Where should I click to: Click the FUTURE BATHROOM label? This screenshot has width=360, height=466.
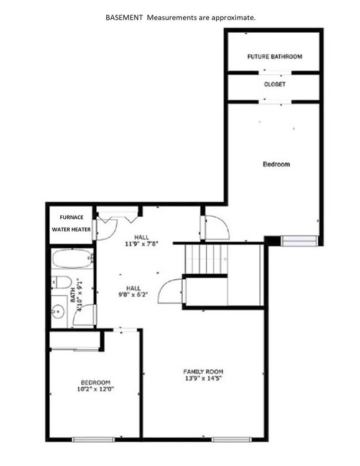(x=275, y=57)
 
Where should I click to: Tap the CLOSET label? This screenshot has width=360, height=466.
(x=275, y=84)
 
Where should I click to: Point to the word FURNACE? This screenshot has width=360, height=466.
(x=71, y=217)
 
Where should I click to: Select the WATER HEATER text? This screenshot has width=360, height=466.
(x=71, y=229)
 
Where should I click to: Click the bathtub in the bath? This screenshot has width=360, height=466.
(x=73, y=259)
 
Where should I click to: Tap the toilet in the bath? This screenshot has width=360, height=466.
(x=61, y=283)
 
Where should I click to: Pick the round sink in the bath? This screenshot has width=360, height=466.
(x=58, y=312)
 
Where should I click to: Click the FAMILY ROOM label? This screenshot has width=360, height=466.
(x=203, y=371)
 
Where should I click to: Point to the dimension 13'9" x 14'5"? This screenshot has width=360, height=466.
(x=203, y=378)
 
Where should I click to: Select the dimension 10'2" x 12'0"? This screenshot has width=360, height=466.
(x=96, y=389)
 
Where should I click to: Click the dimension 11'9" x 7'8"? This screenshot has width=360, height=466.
(x=141, y=244)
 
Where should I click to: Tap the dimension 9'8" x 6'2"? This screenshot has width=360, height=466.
(x=133, y=295)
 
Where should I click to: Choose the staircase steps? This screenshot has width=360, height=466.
(x=206, y=259)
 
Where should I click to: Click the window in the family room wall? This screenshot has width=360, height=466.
(x=232, y=439)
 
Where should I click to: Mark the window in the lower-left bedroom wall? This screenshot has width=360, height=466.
(x=93, y=439)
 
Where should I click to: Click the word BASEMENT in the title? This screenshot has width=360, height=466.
(x=124, y=18)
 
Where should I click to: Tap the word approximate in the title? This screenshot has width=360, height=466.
(x=234, y=18)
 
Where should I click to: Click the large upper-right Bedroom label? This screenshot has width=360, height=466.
(x=276, y=165)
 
